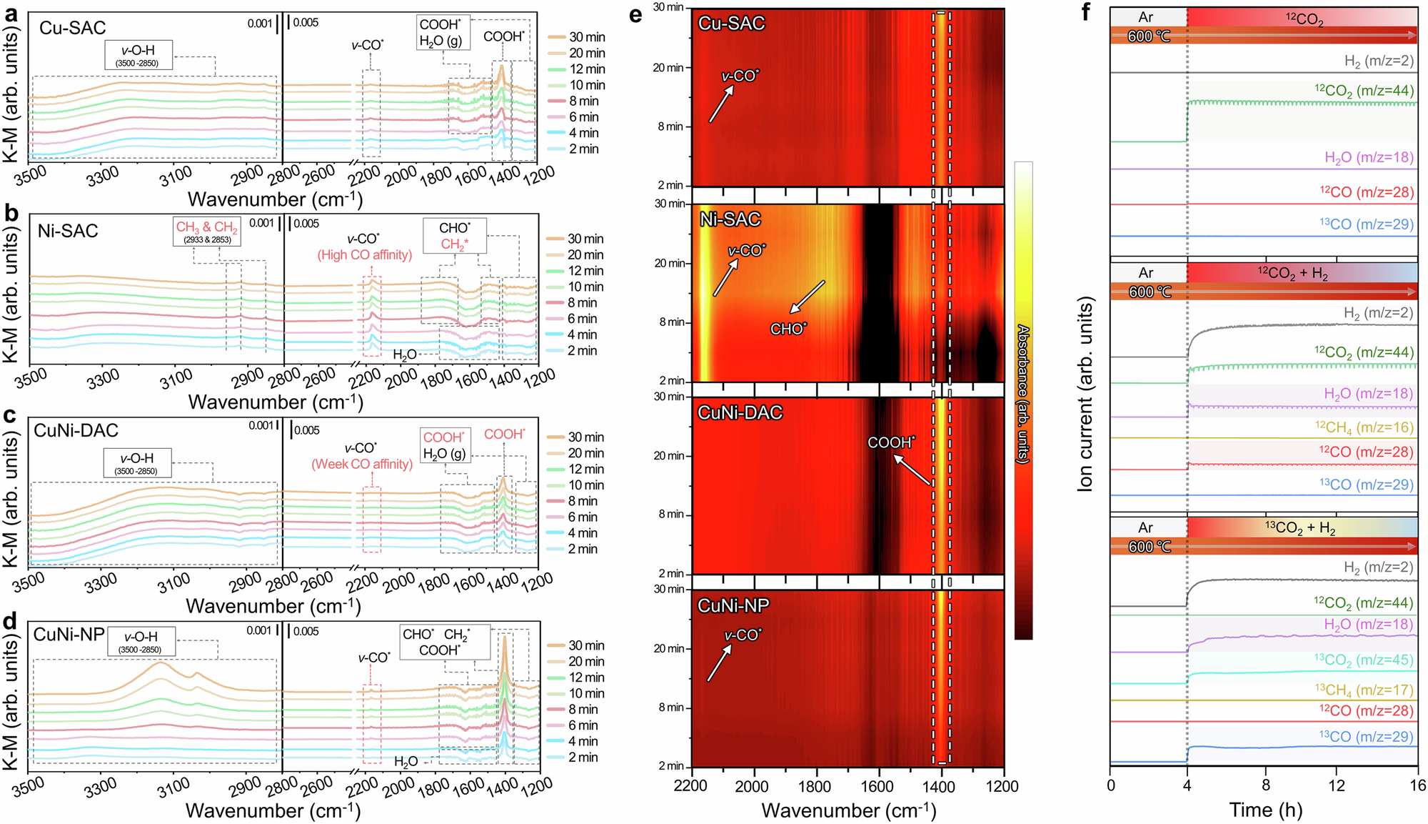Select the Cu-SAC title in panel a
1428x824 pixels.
coord(72,28)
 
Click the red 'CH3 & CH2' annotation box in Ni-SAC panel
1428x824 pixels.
coord(207,232)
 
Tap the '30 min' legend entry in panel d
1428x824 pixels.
coord(585,645)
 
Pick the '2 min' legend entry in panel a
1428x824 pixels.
coord(583,149)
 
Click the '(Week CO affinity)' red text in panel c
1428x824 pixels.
coord(362,464)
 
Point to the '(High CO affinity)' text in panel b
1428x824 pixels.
coord(365,255)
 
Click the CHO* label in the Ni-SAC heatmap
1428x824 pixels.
coord(788,329)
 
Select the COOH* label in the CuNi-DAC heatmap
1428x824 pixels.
coord(890,443)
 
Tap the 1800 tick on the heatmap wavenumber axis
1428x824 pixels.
coord(815,787)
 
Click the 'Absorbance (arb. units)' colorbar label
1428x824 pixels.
coord(1023,394)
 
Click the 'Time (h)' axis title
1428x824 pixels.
coord(1265,810)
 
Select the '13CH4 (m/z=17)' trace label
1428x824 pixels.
coord(1364,690)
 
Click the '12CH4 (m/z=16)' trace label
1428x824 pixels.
coord(1364,427)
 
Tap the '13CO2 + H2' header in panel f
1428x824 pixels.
coord(1300,528)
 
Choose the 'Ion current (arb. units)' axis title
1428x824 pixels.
coord(1085,394)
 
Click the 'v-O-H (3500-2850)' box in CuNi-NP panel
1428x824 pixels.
coord(141,642)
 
